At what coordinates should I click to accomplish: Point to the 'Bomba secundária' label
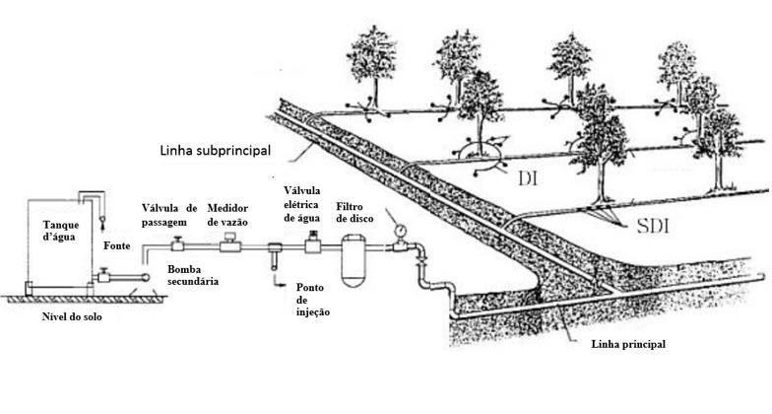click(191, 275)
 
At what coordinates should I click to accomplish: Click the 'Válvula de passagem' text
click(169, 215)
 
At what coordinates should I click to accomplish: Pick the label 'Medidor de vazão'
click(234, 215)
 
